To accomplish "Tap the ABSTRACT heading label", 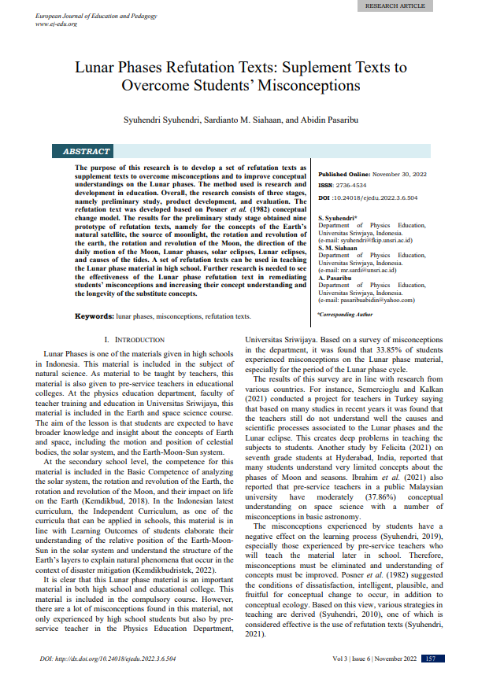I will coord(86,151).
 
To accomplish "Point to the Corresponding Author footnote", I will coord(345,314).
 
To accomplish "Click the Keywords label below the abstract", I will coord(94,316).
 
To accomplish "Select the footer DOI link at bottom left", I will coord(107,658).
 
